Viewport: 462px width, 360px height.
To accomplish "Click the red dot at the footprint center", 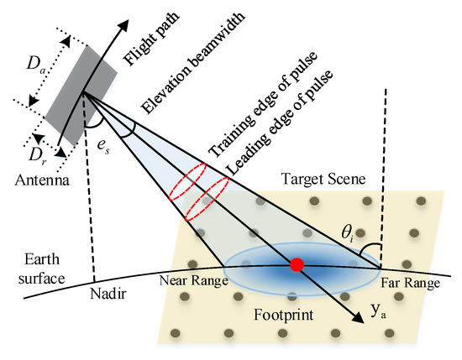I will (x=296, y=266).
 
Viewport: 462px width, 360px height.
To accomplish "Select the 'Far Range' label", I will (x=411, y=284).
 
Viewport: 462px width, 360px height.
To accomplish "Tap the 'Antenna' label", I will (x=38, y=178).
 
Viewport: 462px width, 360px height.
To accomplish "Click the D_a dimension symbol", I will (x=36, y=61).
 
